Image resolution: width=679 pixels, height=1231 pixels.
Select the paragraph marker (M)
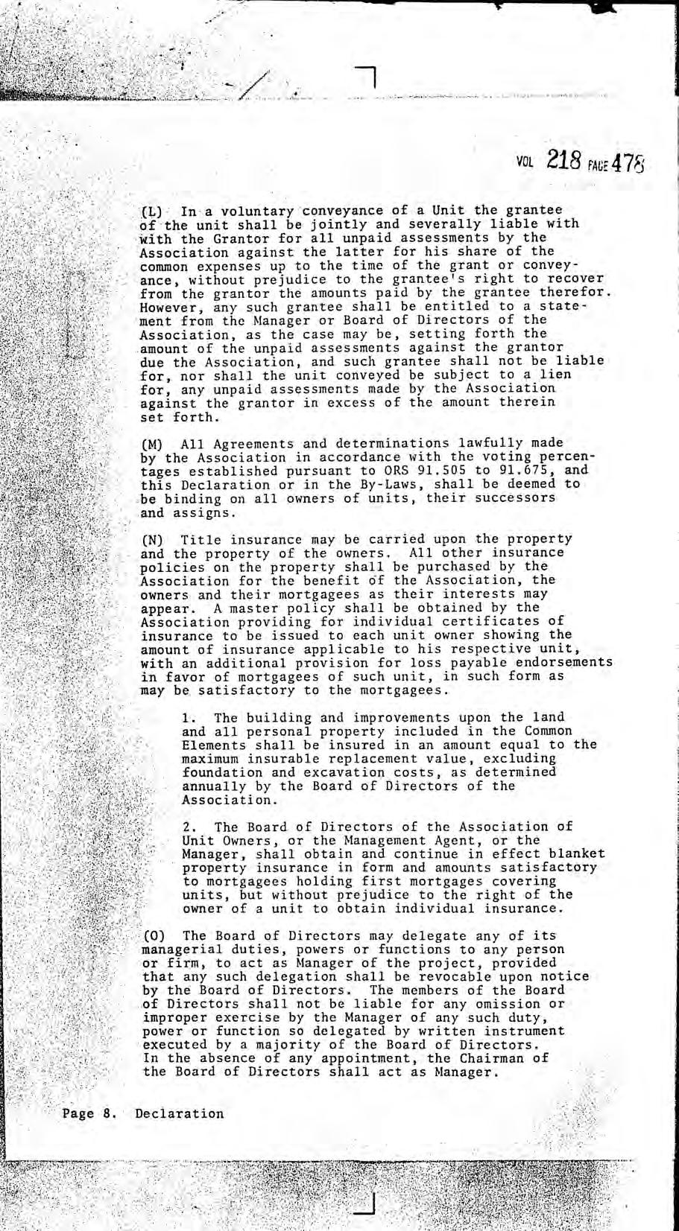(x=151, y=444)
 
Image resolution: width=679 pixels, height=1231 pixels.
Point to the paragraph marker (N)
(x=151, y=539)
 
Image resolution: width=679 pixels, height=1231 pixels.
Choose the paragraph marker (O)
(x=151, y=935)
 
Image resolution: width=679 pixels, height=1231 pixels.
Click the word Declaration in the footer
(x=180, y=1114)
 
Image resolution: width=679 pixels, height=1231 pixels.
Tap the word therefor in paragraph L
(x=579, y=293)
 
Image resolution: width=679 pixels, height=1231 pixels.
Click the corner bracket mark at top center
(x=367, y=75)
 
